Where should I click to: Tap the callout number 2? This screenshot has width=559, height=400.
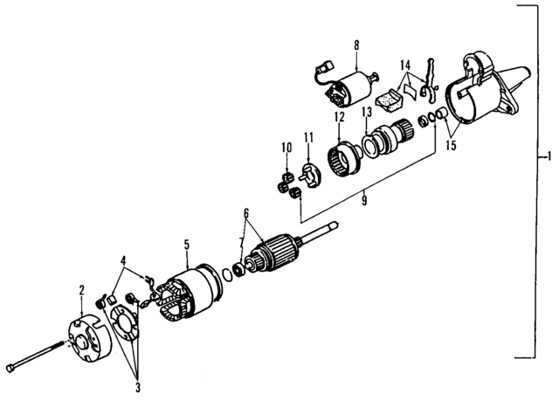pyautogui.click(x=81, y=288)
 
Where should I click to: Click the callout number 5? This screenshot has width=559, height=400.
pyautogui.click(x=185, y=245)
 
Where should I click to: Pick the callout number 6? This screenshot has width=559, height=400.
pyautogui.click(x=247, y=211)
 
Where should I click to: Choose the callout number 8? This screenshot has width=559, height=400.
pyautogui.click(x=356, y=44)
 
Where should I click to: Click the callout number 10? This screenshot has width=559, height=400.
pyautogui.click(x=285, y=148)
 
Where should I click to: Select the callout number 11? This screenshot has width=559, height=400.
pyautogui.click(x=307, y=136)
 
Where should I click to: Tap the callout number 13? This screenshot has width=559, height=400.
pyautogui.click(x=367, y=113)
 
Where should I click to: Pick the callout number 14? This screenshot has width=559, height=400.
pyautogui.click(x=404, y=65)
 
